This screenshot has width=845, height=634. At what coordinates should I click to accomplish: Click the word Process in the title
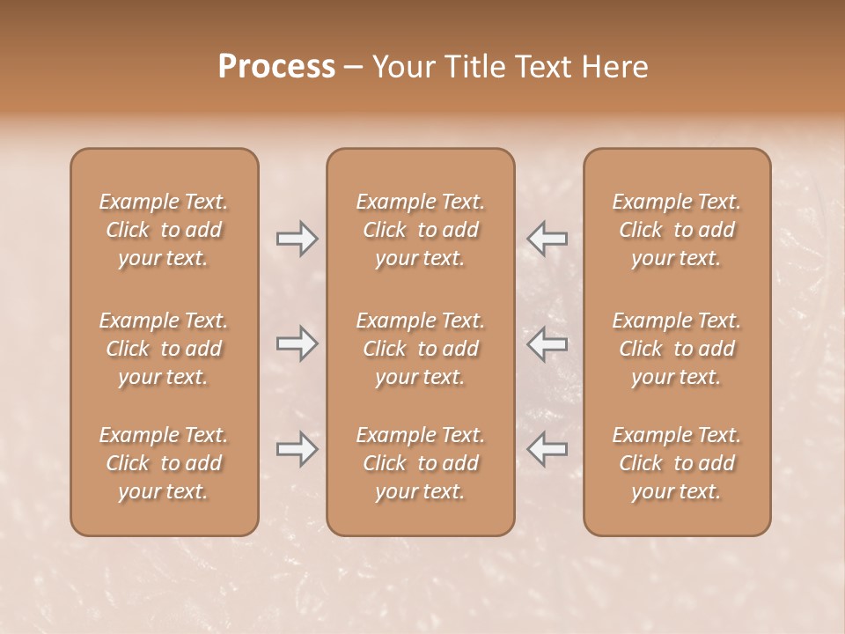click(276, 67)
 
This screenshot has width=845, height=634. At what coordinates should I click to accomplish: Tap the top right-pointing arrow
click(297, 239)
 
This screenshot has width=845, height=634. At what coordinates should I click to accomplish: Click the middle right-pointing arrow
click(297, 344)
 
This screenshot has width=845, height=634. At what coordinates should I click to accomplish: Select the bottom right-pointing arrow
click(297, 449)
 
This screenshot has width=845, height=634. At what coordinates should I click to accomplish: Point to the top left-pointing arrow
click(547, 239)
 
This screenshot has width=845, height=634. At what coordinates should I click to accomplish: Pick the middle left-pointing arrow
click(547, 344)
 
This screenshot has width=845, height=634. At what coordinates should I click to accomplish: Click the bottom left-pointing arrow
click(547, 449)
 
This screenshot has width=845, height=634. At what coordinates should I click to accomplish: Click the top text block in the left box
click(164, 230)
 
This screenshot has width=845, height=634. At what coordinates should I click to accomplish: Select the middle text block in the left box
click(164, 349)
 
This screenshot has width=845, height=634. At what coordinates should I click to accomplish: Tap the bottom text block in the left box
click(164, 463)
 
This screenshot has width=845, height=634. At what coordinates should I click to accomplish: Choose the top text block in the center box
click(421, 230)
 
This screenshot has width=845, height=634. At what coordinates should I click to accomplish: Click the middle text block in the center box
click(421, 349)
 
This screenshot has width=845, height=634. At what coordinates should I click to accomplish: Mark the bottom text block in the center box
click(421, 463)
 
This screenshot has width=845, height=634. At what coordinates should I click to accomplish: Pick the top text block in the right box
click(677, 230)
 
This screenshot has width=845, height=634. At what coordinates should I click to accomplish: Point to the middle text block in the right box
click(677, 349)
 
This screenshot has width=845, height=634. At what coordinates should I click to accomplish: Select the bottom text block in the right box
click(677, 463)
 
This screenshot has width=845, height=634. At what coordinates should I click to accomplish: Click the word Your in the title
click(401, 67)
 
